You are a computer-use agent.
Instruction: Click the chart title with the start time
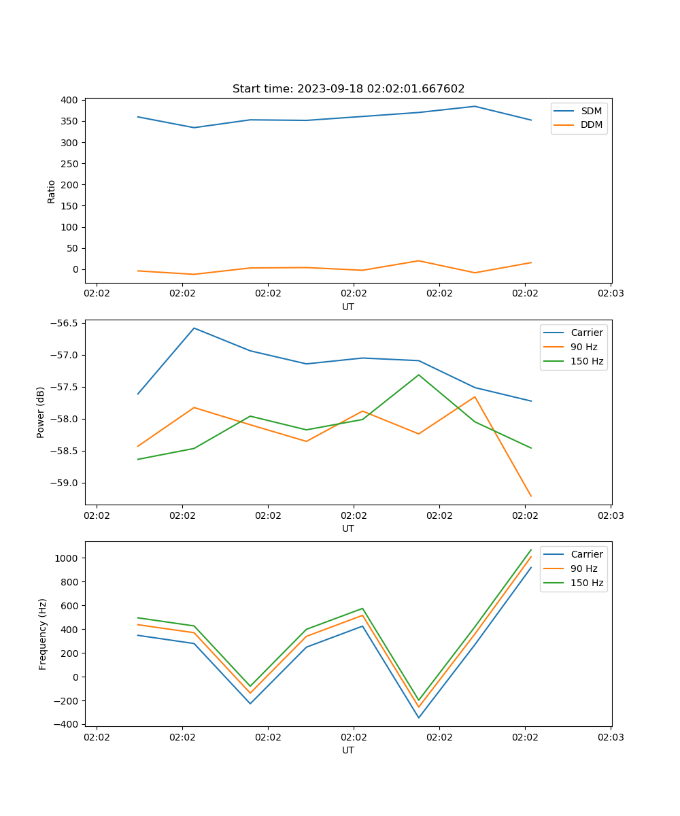(348, 89)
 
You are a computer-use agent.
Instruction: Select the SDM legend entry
(591, 111)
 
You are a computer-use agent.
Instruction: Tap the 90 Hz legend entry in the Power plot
(583, 347)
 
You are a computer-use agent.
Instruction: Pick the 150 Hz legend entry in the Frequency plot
(587, 583)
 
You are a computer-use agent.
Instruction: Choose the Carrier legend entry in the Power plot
(586, 333)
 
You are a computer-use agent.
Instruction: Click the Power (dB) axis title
(41, 412)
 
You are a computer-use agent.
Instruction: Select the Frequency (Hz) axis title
(43, 634)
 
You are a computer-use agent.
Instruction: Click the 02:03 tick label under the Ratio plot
(610, 294)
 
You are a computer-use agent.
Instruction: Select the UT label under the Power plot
(348, 528)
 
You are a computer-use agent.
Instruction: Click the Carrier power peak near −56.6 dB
(194, 328)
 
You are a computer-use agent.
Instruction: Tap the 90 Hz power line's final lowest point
(530, 496)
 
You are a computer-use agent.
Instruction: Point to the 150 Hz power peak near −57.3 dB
(419, 375)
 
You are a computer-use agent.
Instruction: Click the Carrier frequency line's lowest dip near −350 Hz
(419, 717)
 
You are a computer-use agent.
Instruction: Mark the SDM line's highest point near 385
(475, 106)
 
